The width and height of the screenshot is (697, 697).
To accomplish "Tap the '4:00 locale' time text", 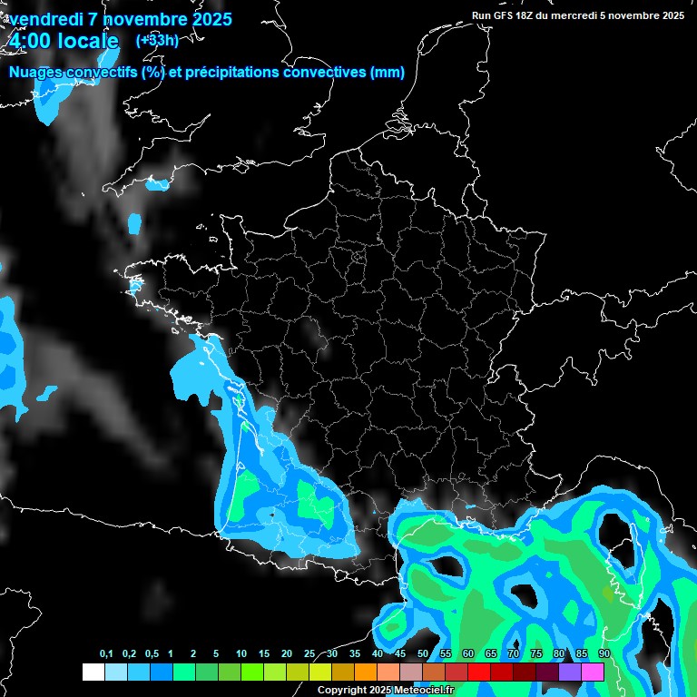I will coord(64,42).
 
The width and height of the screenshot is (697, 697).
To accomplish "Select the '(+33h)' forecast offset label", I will coord(156,40).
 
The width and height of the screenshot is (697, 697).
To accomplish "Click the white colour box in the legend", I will coord(93,672).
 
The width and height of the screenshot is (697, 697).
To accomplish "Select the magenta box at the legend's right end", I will coord(593,672).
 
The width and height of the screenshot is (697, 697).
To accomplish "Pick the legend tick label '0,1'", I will coord(106,654).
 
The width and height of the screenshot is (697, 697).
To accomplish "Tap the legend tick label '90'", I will coord(604,654).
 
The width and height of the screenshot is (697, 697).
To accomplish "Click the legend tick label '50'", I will coord(423,654).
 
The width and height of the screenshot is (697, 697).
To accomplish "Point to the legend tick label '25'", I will coord(309,654).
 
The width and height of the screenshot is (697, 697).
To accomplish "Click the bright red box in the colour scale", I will coord(479,672).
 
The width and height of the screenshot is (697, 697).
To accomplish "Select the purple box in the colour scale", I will coord(570,672).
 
